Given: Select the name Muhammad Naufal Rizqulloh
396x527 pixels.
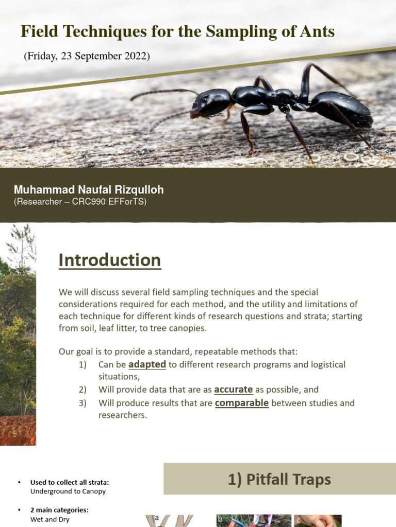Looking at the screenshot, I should tap(89, 190).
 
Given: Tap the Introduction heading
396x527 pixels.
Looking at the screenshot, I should tap(110, 260).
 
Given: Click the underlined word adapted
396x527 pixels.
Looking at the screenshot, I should tap(147, 364).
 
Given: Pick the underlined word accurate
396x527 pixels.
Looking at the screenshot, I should tap(233, 390).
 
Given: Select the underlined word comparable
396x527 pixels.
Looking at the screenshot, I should tap(242, 403).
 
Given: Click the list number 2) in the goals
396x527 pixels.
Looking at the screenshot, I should tap(84, 390).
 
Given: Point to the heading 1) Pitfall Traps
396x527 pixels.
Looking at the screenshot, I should tap(279, 480).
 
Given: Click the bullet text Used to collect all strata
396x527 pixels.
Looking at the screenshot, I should tap(70, 482).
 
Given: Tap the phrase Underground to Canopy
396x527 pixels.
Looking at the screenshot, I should tap(68, 491).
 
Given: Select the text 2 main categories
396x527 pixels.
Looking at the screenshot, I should tap(59, 510).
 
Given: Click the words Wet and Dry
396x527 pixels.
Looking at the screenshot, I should tap(50, 519).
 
